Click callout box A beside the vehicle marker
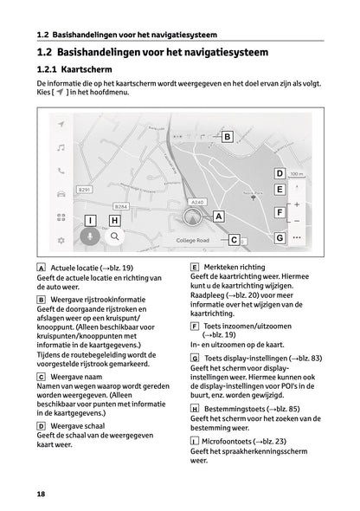[x=218, y=217]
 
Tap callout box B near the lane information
[x=227, y=137]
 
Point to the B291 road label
[x=85, y=190]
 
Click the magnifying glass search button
[x=113, y=236]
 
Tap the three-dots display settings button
[x=297, y=236]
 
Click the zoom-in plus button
[x=297, y=205]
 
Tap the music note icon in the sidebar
[x=61, y=148]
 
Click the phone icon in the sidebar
[x=61, y=171]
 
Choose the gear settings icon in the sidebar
[x=61, y=239]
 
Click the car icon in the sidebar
[x=61, y=194]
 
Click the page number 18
[x=42, y=494]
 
